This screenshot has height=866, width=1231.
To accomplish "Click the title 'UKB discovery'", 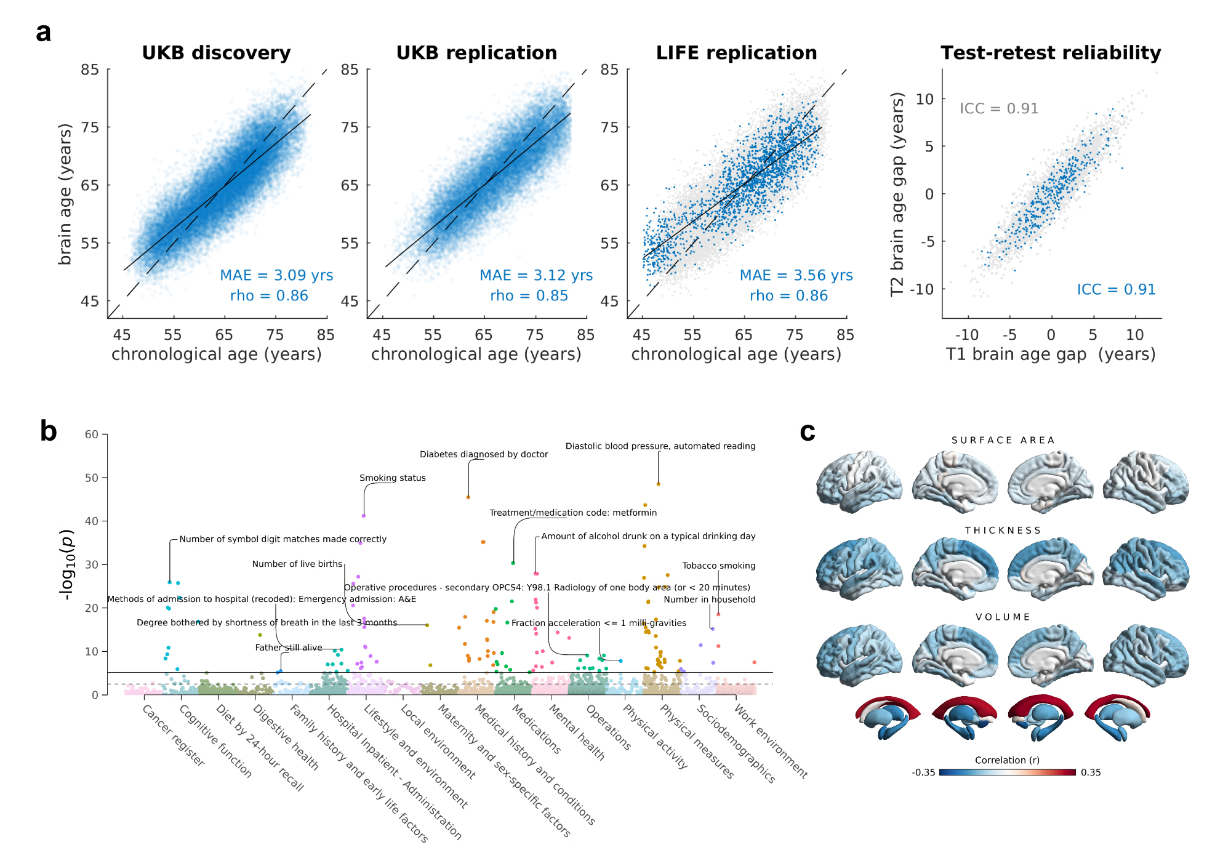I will point(216,53).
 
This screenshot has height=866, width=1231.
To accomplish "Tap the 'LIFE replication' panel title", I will point(736,53).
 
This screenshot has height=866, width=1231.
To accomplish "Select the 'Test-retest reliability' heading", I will point(1051,53).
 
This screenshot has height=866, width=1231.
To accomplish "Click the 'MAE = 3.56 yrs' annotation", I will point(796,275).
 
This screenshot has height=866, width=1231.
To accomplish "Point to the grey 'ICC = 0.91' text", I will point(998,109).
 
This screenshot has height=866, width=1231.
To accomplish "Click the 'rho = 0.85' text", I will point(529,296).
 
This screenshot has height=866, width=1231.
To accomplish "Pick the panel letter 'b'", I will point(48,431).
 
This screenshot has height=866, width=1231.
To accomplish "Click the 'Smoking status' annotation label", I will point(392,478).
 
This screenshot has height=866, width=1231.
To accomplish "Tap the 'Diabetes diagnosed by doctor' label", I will point(484,454).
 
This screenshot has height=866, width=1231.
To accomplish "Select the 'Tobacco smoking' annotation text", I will point(718,566).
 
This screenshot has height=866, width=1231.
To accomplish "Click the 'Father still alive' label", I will point(289,647).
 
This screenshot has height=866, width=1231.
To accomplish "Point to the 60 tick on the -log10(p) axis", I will point(92,435).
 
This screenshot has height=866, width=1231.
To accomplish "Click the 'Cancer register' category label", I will point(173,736).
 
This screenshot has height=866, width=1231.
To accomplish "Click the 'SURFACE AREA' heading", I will point(1003,440).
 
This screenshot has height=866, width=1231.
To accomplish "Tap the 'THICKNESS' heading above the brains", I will point(1003,530).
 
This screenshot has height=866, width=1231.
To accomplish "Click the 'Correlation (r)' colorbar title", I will point(1007,760).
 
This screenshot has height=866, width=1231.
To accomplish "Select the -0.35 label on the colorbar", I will point(923,772).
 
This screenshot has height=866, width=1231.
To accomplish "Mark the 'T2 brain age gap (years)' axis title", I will point(897,194).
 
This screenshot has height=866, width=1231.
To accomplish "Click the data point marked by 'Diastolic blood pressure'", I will point(658,484).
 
